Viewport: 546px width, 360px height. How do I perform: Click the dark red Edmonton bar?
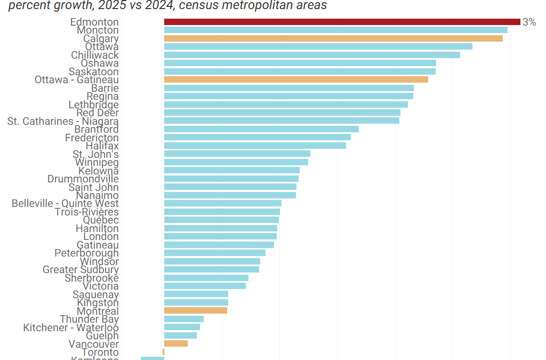coord(342,22)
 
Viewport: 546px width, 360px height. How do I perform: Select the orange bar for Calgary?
coord(333,38)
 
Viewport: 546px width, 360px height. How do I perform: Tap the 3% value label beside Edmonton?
coord(529,22)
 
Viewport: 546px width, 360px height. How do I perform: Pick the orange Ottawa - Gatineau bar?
coord(296,79)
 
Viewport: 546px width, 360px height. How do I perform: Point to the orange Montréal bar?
coord(196,310)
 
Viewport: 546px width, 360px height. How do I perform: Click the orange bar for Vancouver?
coord(176,343)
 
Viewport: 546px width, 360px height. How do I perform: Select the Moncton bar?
coord(335,30)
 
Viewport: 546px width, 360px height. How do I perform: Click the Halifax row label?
coord(102,146)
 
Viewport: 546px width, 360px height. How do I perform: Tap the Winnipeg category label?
coord(97,162)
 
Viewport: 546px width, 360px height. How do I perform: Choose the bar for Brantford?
coord(261,129)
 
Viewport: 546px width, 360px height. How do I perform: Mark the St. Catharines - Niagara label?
coord(63,121)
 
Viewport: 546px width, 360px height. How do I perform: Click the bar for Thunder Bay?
coord(184,319)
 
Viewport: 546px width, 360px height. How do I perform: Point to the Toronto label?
coord(100,352)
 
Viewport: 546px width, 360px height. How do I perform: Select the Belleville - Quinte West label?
coord(65,203)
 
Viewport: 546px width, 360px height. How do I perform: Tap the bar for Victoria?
coord(205,286)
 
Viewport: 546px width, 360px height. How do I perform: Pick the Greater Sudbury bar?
coord(212,269)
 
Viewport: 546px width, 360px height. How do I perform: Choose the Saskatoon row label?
coord(93,71)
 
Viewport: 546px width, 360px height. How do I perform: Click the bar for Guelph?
coord(180,335)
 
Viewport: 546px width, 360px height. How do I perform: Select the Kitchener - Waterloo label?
coord(71,327)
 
